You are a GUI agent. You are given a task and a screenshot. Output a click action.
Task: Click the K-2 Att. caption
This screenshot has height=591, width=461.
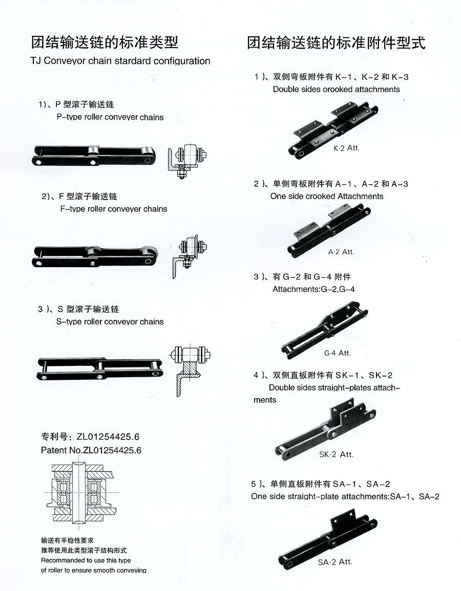point(346,148)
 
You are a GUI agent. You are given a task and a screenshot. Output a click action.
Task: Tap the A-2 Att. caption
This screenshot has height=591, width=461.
point(341,252)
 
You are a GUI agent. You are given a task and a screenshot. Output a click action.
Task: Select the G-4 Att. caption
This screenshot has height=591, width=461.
point(337,353)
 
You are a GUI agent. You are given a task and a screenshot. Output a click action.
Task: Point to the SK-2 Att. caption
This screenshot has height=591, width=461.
point(336,454)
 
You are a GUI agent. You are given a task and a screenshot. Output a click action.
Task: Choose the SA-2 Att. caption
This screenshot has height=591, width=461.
point(335,562)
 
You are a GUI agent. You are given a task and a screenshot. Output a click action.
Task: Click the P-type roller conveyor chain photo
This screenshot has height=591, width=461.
point(94,155)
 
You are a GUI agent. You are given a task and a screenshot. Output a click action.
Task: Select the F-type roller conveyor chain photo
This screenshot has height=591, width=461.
point(95,256)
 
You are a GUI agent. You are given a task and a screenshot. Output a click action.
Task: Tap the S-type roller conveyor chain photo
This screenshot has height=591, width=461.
point(100,368)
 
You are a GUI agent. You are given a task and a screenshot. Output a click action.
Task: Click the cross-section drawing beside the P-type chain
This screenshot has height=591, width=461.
point(187,160)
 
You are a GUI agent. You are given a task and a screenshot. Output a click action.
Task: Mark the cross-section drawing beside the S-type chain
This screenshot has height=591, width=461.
point(190,370)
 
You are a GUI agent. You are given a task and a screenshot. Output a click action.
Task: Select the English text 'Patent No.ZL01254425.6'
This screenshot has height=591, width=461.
point(91,450)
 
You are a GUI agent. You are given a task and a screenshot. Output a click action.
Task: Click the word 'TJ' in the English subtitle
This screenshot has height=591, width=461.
point(35,61)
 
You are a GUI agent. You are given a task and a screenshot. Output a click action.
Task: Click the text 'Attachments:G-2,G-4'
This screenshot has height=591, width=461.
point(313,289)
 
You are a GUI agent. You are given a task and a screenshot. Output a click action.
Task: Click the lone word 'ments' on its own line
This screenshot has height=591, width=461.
point(265,400)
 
